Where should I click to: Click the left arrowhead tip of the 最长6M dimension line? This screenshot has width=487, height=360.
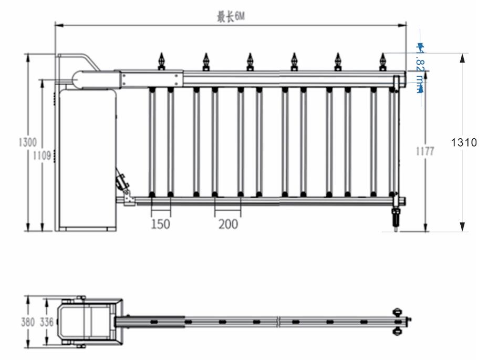click(x=55, y=25)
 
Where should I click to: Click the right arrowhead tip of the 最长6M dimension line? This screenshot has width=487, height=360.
click(x=406, y=25)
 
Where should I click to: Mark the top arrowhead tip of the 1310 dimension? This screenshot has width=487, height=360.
click(x=462, y=54)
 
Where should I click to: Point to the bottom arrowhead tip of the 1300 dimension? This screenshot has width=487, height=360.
click(x=28, y=231)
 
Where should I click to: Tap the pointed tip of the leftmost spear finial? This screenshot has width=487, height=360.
click(x=161, y=53)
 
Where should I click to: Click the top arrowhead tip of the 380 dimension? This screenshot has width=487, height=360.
click(x=28, y=296)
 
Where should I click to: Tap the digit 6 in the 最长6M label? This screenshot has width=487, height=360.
click(x=236, y=16)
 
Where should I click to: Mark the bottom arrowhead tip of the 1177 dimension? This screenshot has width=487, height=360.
click(x=426, y=231)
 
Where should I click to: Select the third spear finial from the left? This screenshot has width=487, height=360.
click(x=250, y=62)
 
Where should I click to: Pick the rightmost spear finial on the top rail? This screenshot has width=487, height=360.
click(x=382, y=62)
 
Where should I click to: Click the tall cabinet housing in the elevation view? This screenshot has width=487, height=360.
click(x=88, y=160)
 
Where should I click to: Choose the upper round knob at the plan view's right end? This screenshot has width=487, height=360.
click(x=397, y=312)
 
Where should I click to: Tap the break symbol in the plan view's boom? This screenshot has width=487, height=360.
click(x=278, y=322)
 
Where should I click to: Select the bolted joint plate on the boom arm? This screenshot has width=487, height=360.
click(x=151, y=79)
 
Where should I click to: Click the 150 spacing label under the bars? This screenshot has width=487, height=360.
click(x=161, y=224)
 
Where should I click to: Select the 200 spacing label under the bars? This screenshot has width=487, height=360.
click(x=229, y=224)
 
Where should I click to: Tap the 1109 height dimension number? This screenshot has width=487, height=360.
click(x=42, y=155)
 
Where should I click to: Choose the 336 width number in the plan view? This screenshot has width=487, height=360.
click(x=47, y=322)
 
